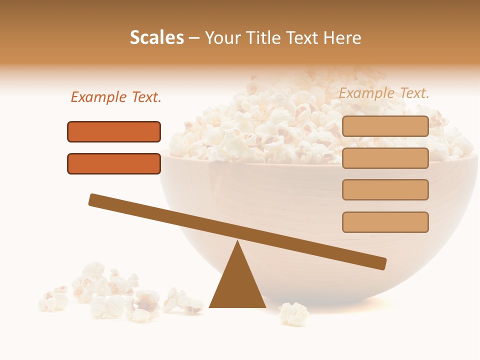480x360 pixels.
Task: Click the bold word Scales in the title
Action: tap(156, 38)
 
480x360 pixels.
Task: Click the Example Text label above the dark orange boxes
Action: tap(116, 97)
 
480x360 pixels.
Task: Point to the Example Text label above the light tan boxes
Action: tap(384, 93)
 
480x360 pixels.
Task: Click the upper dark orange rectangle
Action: tap(114, 131)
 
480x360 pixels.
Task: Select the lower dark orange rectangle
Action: tap(114, 163)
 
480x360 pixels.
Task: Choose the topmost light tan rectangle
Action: tap(385, 126)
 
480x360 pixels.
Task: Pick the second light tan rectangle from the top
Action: tap(385, 158)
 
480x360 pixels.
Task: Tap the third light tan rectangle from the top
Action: tap(385, 189)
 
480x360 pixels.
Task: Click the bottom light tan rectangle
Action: tap(385, 222)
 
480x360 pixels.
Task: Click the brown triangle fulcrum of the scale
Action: tap(237, 285)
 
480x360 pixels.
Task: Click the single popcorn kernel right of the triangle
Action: tap(294, 314)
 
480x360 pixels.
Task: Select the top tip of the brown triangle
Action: tap(237, 243)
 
